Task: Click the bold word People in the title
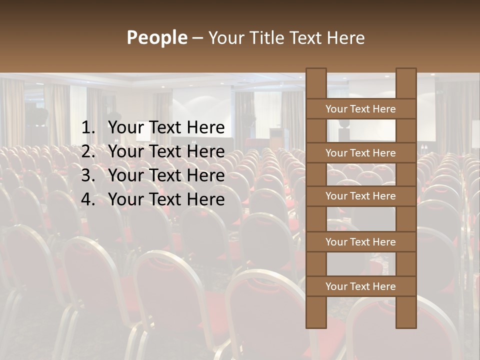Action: pos(156,38)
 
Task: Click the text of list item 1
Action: pos(166,128)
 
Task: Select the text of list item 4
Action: pos(166,199)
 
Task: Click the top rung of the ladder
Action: pos(360,109)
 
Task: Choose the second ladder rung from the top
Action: pos(360,153)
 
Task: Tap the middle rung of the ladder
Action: pos(360,196)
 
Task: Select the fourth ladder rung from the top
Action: pos(360,242)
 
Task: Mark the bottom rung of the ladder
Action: pos(360,286)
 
